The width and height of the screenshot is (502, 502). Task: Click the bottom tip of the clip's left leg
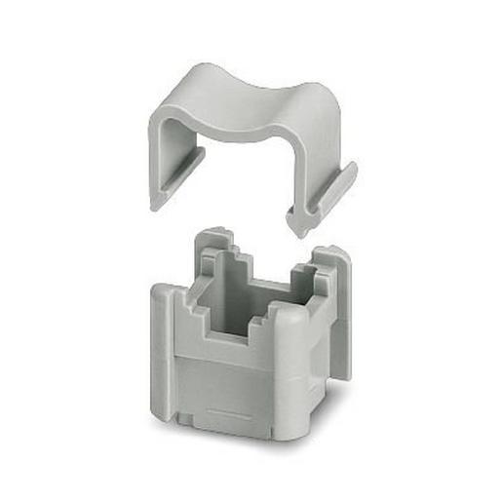[157, 202]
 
